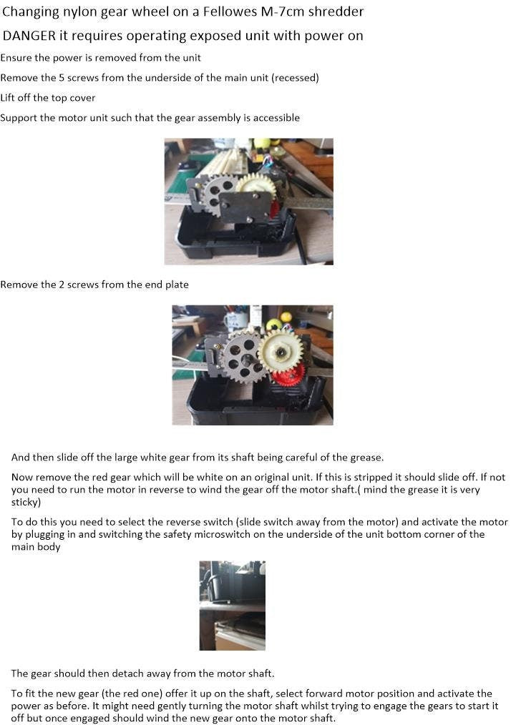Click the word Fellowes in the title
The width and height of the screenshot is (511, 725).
click(230, 11)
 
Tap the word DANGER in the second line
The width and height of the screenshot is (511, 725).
click(29, 36)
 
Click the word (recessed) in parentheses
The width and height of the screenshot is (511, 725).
click(296, 78)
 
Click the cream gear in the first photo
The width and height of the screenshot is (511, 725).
click(256, 186)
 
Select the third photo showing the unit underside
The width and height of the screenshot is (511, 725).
click(233, 606)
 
